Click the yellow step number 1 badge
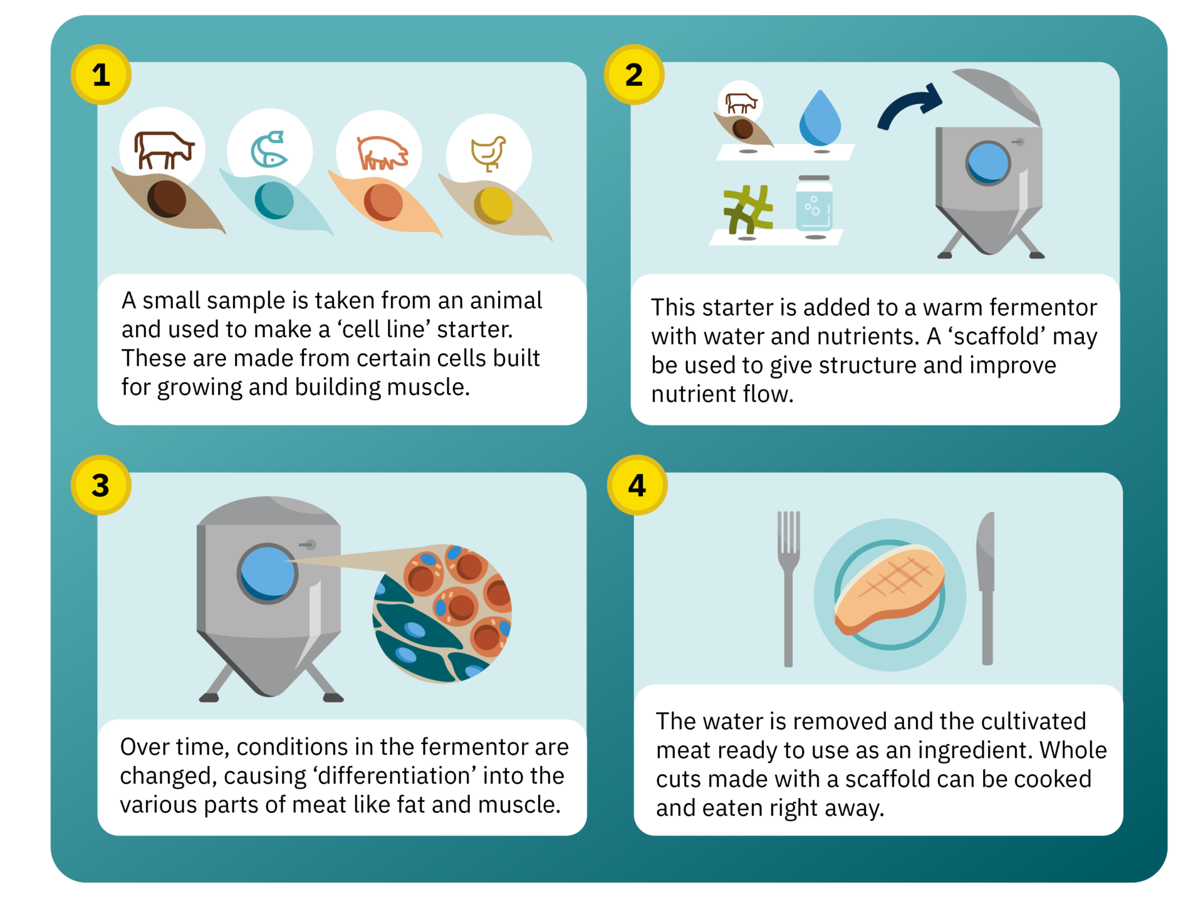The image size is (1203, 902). click(x=101, y=75)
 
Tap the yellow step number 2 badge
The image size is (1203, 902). click(x=634, y=75)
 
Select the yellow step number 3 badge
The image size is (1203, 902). click(x=101, y=485)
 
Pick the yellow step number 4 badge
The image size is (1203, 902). click(x=637, y=485)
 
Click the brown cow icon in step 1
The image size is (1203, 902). click(x=164, y=150)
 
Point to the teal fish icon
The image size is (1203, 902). click(x=269, y=149)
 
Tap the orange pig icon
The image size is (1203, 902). click(x=382, y=153)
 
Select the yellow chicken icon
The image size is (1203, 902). click(x=489, y=153)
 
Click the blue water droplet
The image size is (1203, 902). click(x=820, y=119)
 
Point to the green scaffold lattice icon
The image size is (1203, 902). click(x=748, y=209)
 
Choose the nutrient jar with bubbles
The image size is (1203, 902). click(x=815, y=204)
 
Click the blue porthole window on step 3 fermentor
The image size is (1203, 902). click(x=268, y=573)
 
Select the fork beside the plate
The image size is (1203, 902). click(x=788, y=589)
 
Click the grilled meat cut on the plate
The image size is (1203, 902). click(x=890, y=589)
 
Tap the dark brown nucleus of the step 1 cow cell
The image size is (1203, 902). click(x=167, y=199)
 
